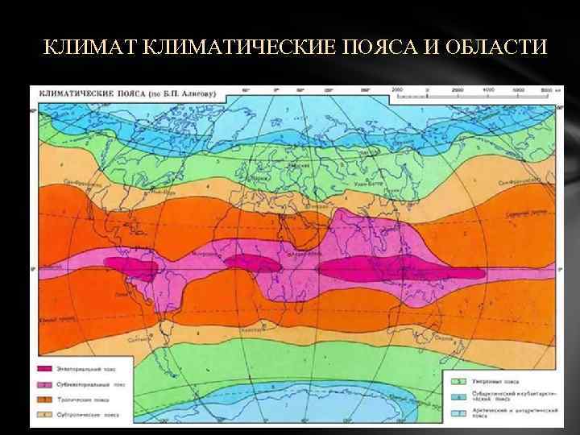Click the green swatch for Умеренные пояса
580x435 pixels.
[x=457, y=379]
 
